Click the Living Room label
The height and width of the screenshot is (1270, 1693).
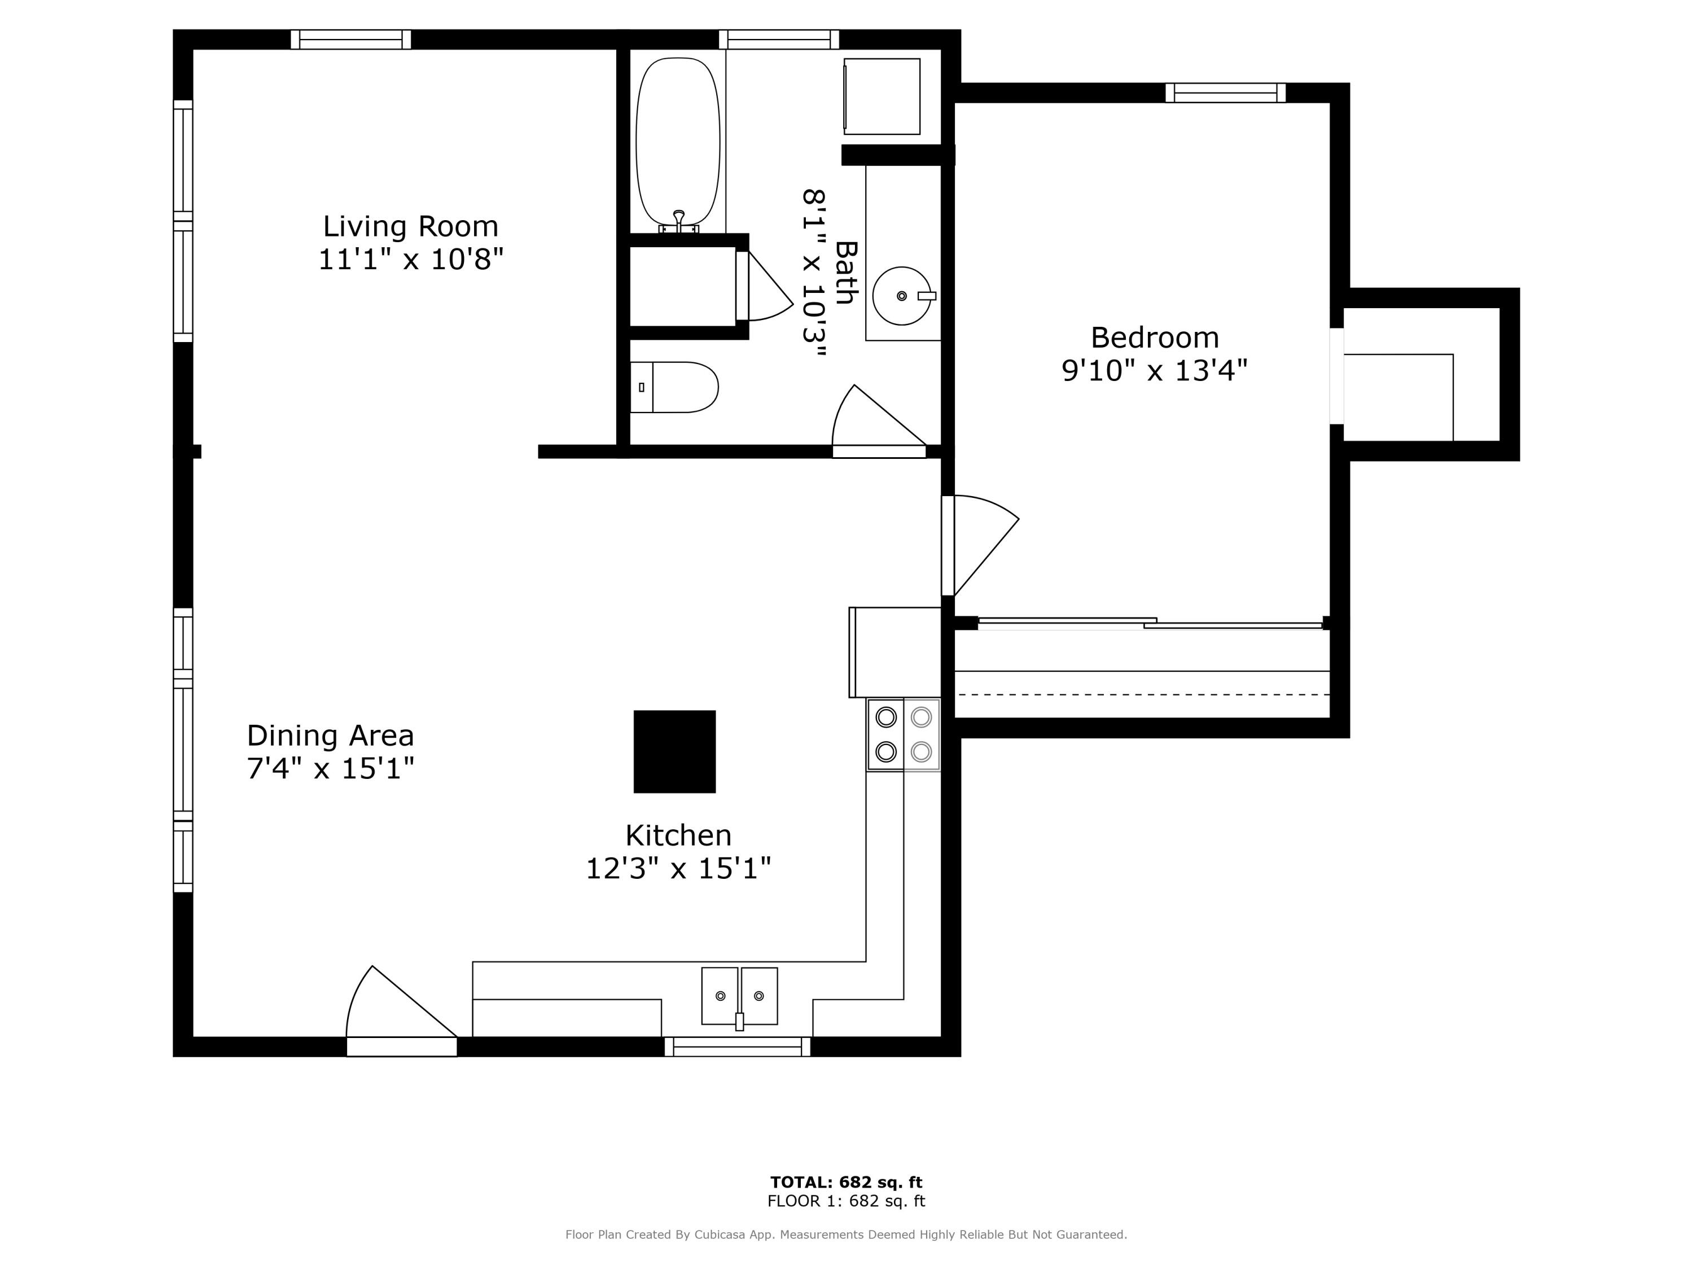click(x=410, y=226)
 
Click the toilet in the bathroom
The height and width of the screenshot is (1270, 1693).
click(x=673, y=387)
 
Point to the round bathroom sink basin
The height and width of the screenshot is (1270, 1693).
click(x=902, y=296)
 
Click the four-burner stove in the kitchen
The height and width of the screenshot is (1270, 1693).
click(x=903, y=734)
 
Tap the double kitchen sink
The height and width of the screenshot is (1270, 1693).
click(x=739, y=995)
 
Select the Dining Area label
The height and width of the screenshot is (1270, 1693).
click(x=330, y=735)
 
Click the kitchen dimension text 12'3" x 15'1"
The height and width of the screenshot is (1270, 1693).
click(x=678, y=869)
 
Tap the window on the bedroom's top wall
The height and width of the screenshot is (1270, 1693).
click(x=1225, y=93)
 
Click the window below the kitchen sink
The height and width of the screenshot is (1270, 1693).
click(x=738, y=1046)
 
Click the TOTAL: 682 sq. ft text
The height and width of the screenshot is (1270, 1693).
click(x=846, y=1182)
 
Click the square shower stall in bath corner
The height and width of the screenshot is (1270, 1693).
click(x=881, y=97)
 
